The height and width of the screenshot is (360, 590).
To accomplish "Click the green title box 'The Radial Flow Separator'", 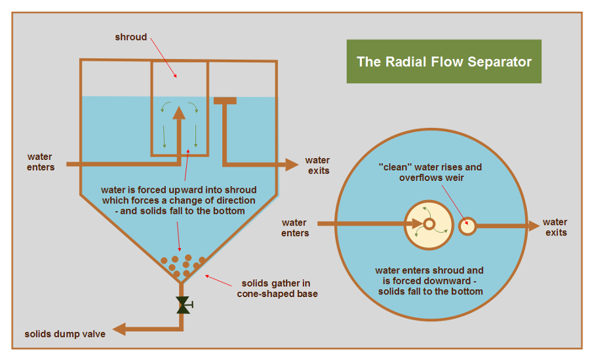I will (x=444, y=62).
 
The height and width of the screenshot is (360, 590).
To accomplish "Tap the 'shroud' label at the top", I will (x=131, y=37).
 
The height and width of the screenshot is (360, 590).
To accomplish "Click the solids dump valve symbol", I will (x=182, y=304).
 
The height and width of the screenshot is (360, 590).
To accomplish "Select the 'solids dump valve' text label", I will (x=65, y=333).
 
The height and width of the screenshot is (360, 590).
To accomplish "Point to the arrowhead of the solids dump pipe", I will (x=117, y=328).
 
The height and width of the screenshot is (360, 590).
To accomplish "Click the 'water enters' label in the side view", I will (x=41, y=162).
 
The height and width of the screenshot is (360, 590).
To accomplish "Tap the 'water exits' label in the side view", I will (x=317, y=165).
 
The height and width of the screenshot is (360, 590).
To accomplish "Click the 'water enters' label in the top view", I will (x=295, y=228).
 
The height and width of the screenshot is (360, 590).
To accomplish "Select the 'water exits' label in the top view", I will (x=555, y=227).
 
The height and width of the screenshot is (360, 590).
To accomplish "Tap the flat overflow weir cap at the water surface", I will (x=225, y=100).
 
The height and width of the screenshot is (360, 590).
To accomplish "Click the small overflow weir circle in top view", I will (x=467, y=226).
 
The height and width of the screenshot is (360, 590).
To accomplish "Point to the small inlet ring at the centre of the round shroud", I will (x=429, y=225).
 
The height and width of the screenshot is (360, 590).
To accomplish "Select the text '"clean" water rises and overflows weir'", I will (x=431, y=172).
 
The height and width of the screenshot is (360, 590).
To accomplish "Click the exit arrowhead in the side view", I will (x=292, y=164).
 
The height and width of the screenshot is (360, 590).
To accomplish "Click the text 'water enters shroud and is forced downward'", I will (x=429, y=275).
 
